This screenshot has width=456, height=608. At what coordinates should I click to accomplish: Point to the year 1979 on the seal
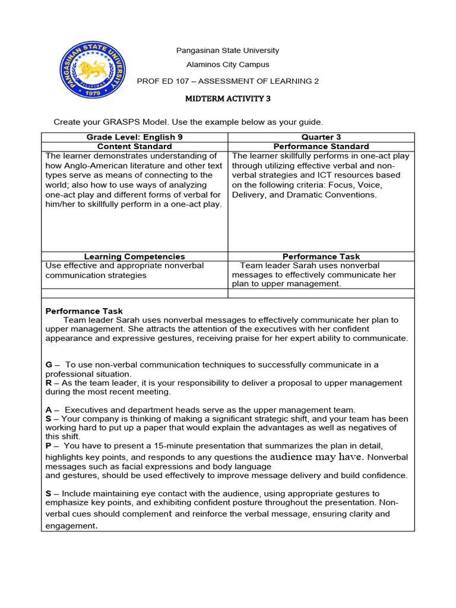[x=91, y=94]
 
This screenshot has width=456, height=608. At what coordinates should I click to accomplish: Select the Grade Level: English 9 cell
[x=134, y=137]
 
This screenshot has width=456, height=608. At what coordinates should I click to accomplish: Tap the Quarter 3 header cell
[x=321, y=137]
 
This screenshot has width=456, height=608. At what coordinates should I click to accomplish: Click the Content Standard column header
[x=134, y=146]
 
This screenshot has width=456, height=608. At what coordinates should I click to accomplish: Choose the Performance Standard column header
[x=321, y=146]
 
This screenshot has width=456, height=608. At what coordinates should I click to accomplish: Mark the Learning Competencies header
[x=134, y=256]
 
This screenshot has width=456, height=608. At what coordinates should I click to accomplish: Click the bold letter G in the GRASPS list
[x=49, y=365]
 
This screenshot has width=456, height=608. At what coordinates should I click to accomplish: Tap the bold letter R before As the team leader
[x=49, y=383]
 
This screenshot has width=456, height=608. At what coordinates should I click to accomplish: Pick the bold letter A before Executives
[x=49, y=410]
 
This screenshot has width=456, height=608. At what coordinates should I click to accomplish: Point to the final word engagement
[x=71, y=526]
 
